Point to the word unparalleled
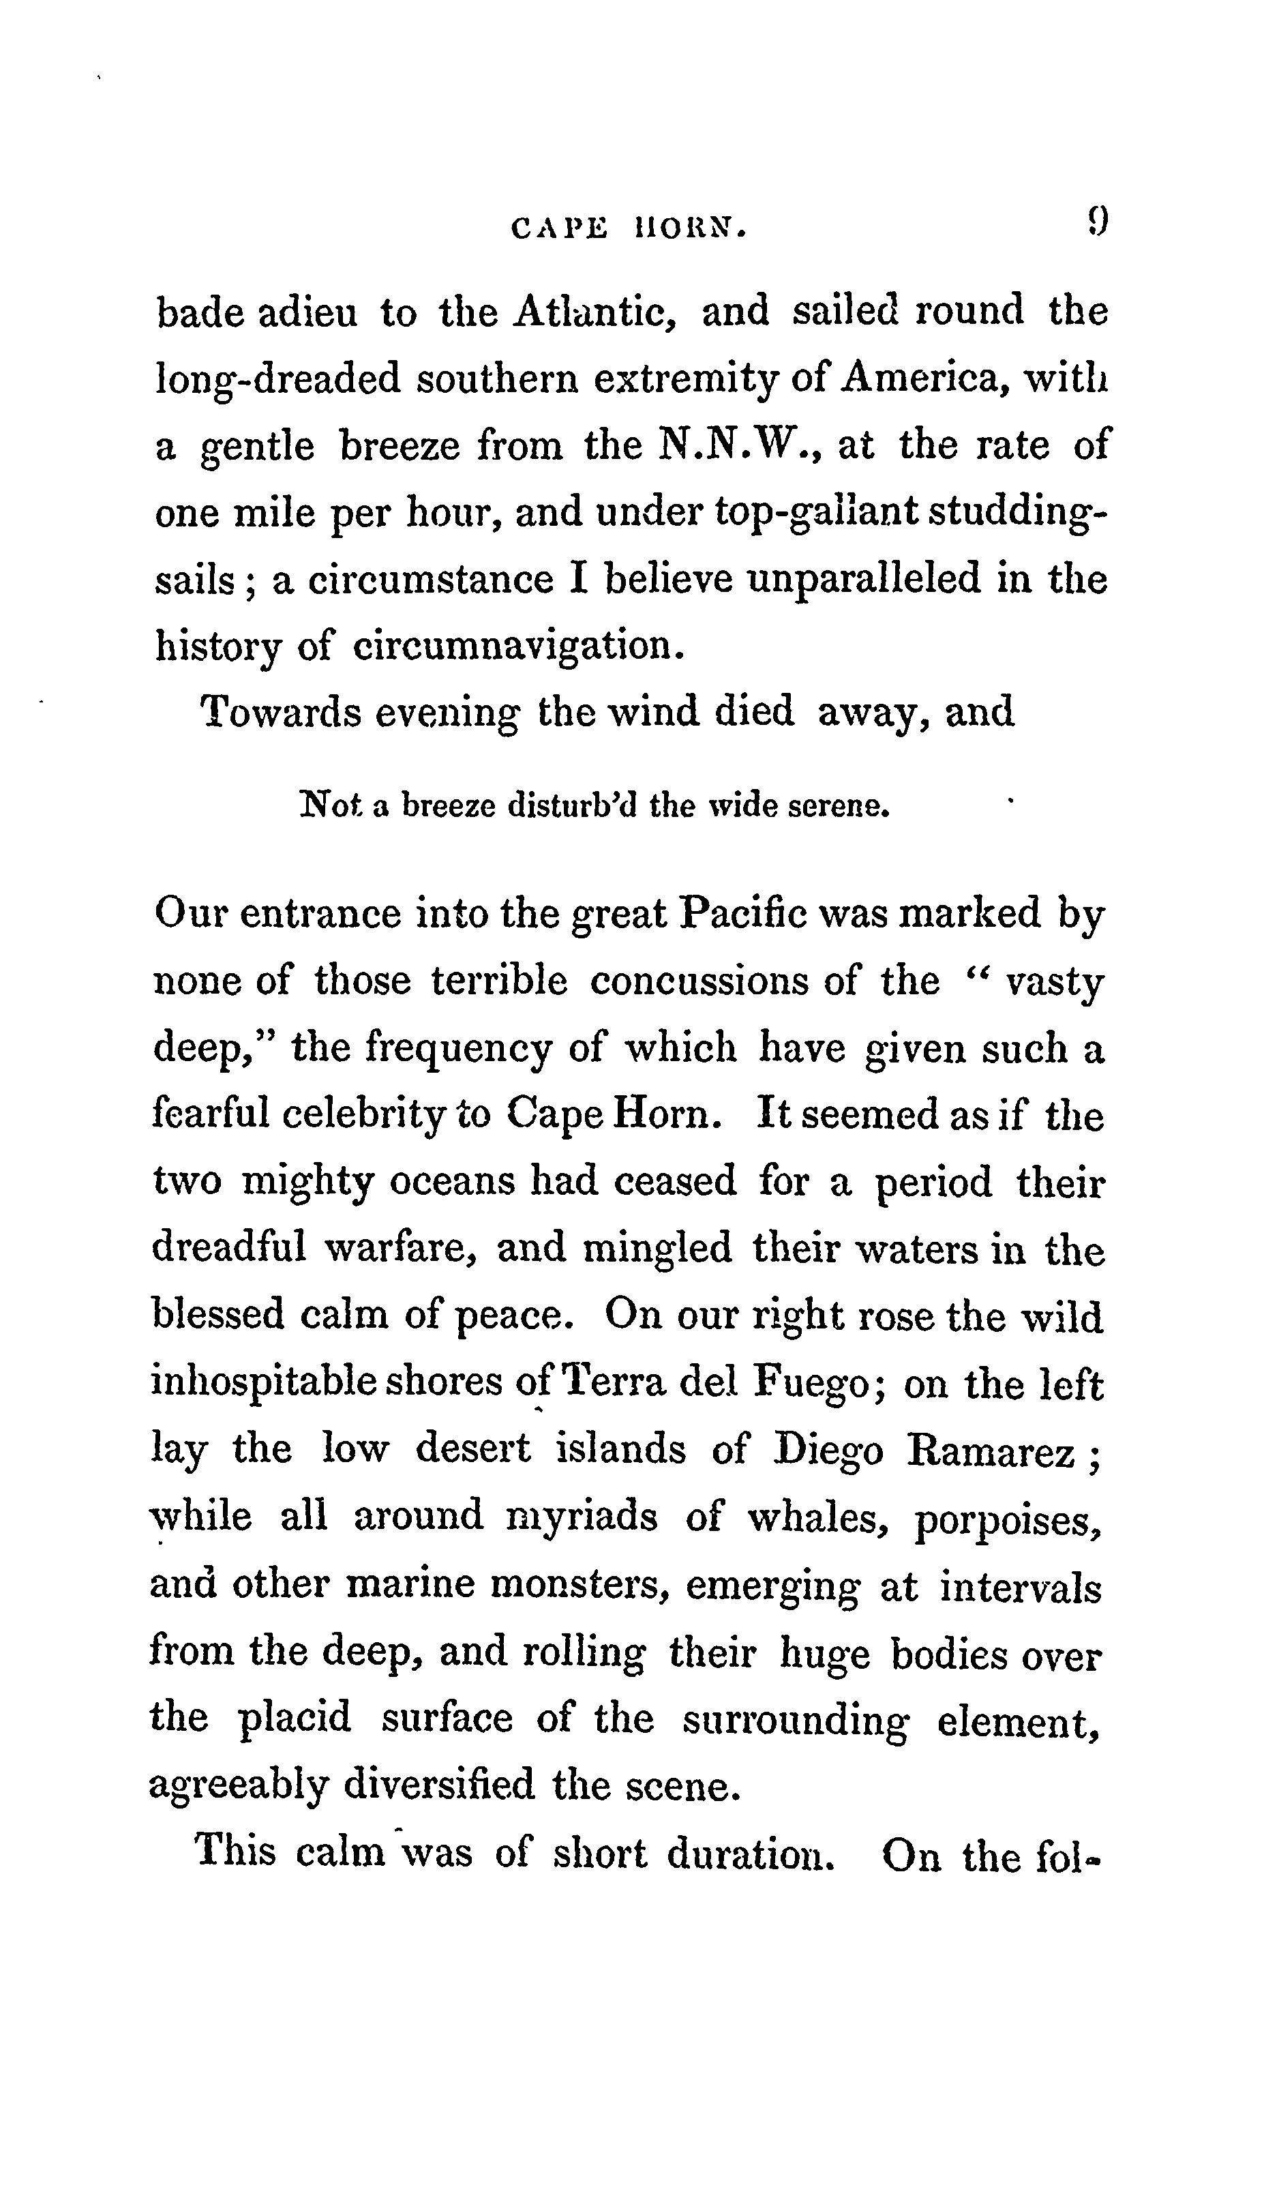click(x=862, y=579)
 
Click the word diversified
click(x=438, y=1786)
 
